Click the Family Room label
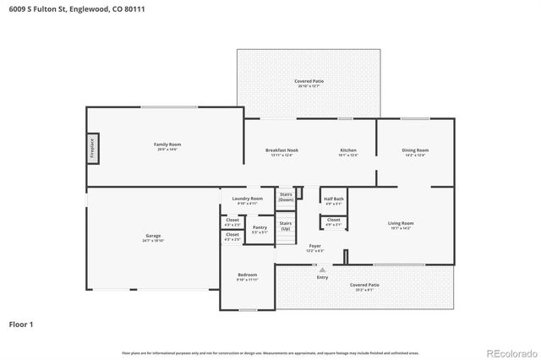point(167,145)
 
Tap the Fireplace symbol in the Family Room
point(93,146)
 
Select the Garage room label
point(153,237)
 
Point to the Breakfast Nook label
point(281,151)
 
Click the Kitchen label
point(348,151)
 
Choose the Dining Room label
point(415,151)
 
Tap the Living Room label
point(401,224)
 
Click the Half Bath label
point(333,200)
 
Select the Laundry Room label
point(248,199)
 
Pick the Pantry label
point(260,228)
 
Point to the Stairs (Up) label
point(286,226)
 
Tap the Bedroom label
point(247,275)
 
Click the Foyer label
point(314,248)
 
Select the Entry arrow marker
point(322,270)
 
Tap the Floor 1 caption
point(22,324)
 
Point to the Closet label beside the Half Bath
point(333,221)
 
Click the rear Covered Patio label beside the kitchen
point(309,82)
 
